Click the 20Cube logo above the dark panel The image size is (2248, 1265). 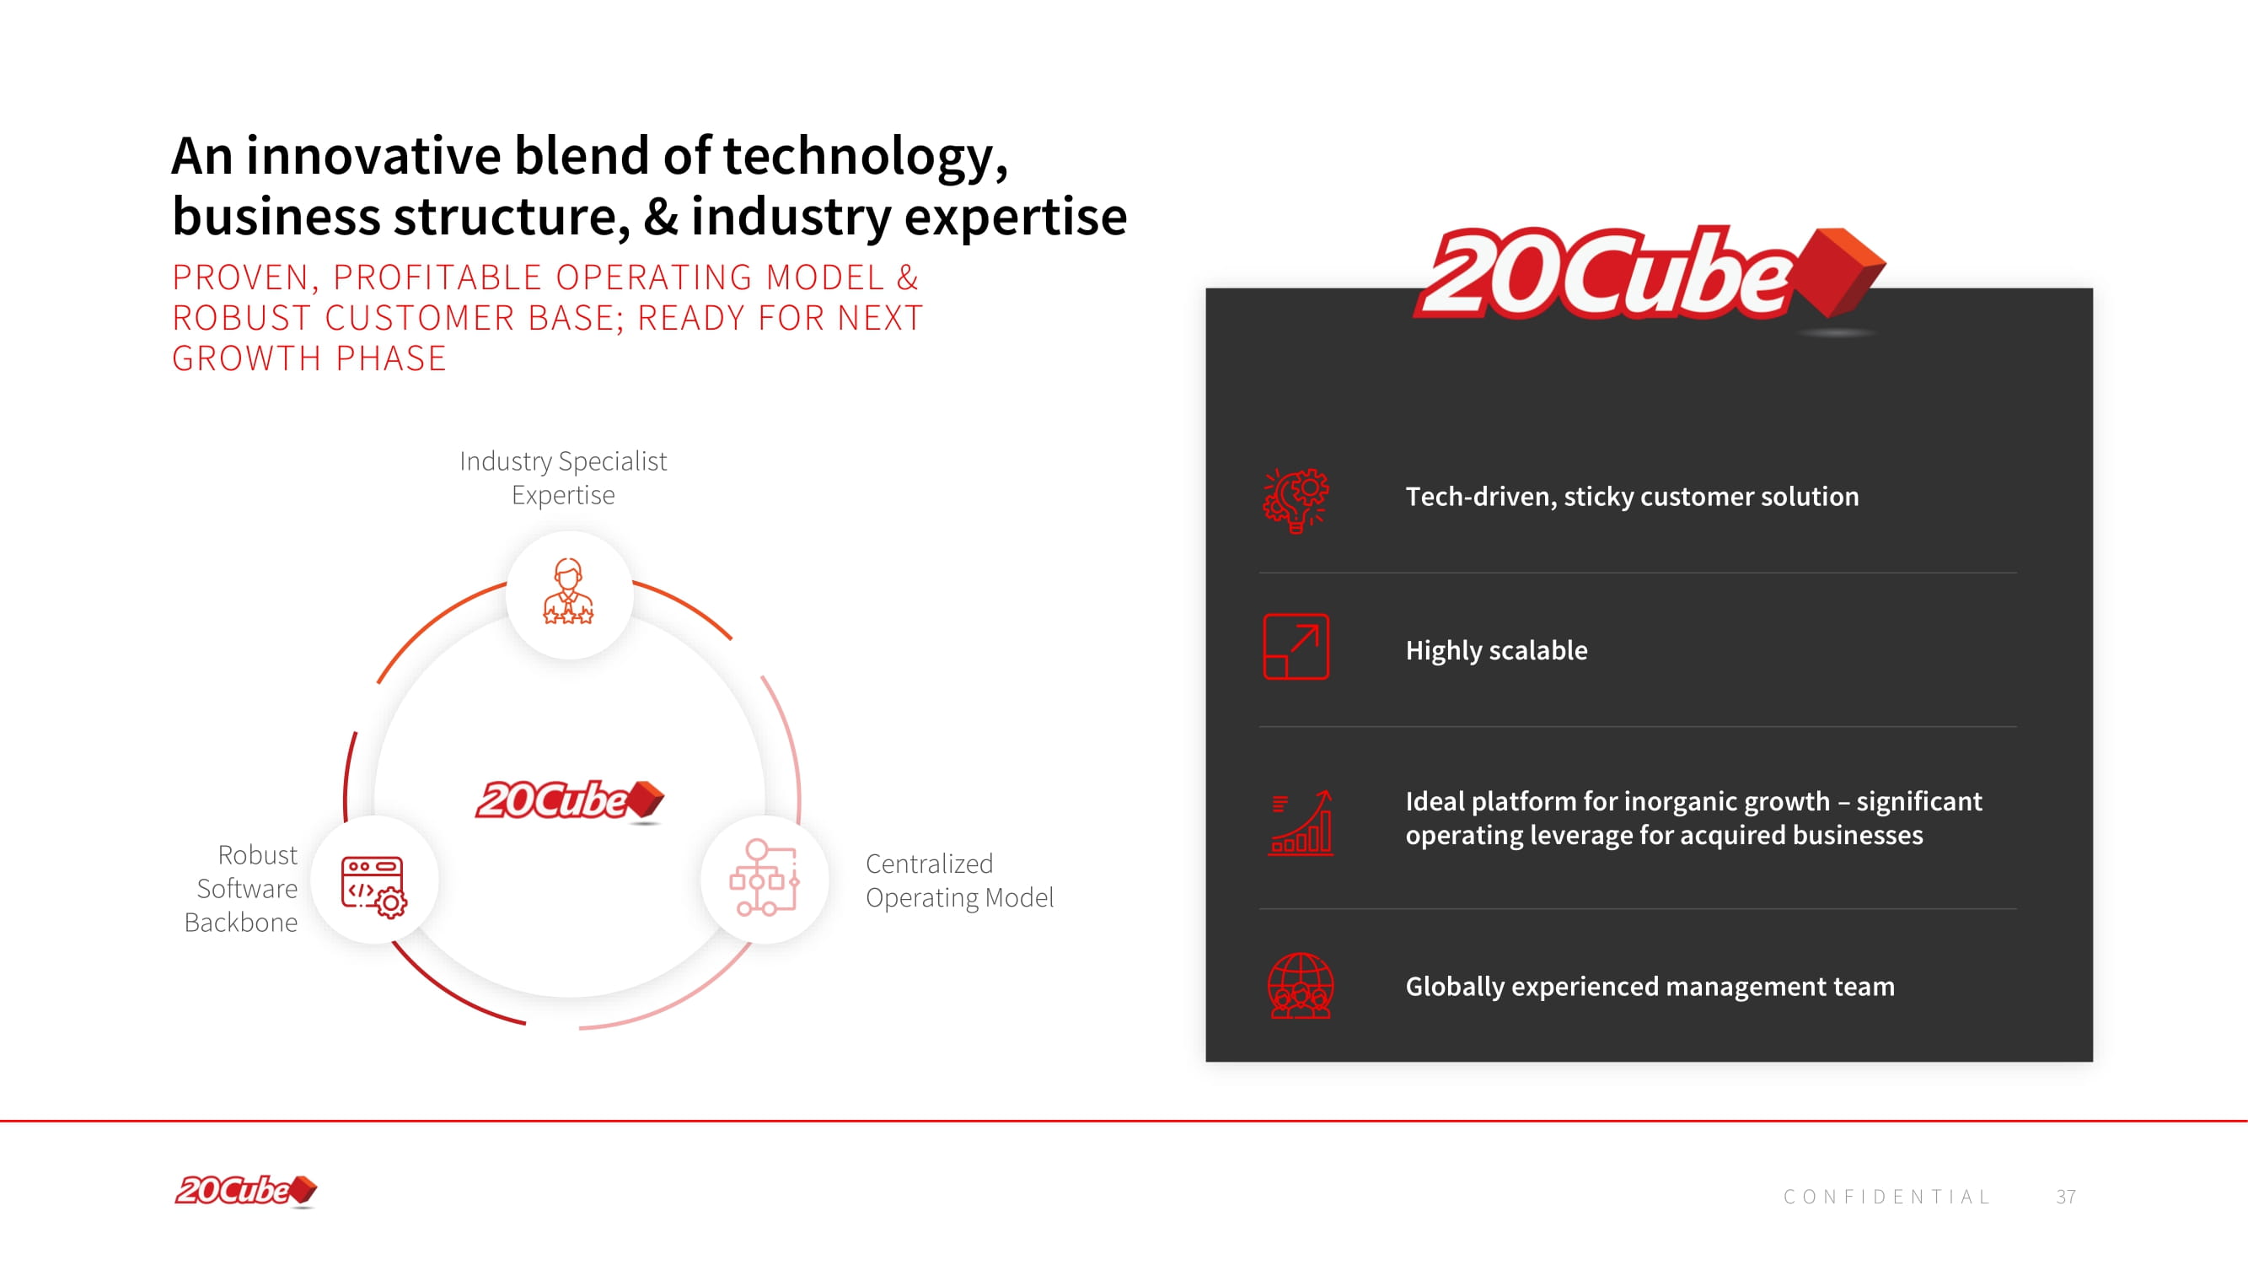pos(1649,274)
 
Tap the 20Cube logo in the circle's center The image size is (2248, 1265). pos(570,799)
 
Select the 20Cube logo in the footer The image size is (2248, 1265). pos(246,1191)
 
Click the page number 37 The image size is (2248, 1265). pos(2066,1196)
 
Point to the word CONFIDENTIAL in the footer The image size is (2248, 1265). pos(1886,1196)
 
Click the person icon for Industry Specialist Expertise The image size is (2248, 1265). pos(568,592)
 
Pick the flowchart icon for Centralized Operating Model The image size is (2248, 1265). pos(765,877)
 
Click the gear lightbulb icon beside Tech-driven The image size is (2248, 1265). pos(1296,500)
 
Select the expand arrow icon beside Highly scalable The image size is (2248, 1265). pos(1296,647)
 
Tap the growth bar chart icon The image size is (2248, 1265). pos(1301,822)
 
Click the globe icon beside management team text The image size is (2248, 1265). pos(1301,986)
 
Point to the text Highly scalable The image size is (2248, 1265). pos(1496,650)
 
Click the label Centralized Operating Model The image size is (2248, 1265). pos(959,880)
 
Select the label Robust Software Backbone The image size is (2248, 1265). pos(241,888)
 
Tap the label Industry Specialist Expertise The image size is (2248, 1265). pos(563,477)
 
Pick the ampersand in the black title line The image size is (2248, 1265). pos(660,216)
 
